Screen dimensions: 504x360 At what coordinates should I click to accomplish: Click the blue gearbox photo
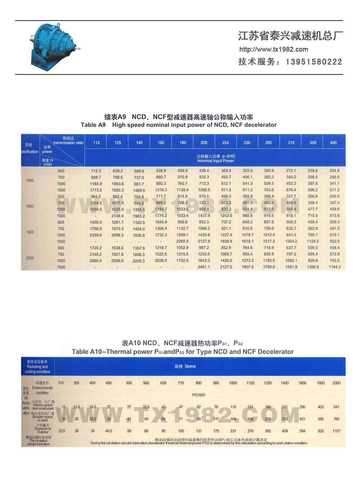coord(54,47)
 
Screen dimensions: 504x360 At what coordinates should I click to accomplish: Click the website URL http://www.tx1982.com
coord(274,49)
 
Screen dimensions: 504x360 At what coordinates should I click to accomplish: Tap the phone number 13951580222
coord(314,62)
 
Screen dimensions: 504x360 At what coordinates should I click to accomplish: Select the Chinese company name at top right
coord(290,36)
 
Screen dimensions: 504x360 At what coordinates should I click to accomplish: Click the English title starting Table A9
coord(179,125)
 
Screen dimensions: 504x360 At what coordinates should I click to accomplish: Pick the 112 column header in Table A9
coord(96,143)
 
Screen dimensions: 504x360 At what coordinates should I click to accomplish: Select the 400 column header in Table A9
coord(333,143)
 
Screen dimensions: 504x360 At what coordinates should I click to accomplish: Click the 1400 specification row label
coord(30,180)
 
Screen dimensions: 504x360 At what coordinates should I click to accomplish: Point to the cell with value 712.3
coord(96,171)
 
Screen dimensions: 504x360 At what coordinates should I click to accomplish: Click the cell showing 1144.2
coord(334,267)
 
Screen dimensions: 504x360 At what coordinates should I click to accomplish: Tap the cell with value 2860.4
coord(96,261)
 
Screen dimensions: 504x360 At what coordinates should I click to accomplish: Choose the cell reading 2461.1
coord(204,267)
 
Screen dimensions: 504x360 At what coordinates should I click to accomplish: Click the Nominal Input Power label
coord(216,161)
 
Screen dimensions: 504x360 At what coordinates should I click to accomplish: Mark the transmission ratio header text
coord(68,143)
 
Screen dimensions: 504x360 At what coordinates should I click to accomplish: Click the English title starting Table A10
coord(183,352)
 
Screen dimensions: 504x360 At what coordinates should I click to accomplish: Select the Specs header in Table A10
coord(185,366)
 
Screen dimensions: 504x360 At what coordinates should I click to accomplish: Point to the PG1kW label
coord(198,395)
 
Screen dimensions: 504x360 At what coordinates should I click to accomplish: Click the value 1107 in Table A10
coord(336,431)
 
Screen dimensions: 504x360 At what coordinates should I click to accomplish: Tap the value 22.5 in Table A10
coord(62,431)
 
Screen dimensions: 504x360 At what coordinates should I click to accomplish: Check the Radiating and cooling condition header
coord(37,367)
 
